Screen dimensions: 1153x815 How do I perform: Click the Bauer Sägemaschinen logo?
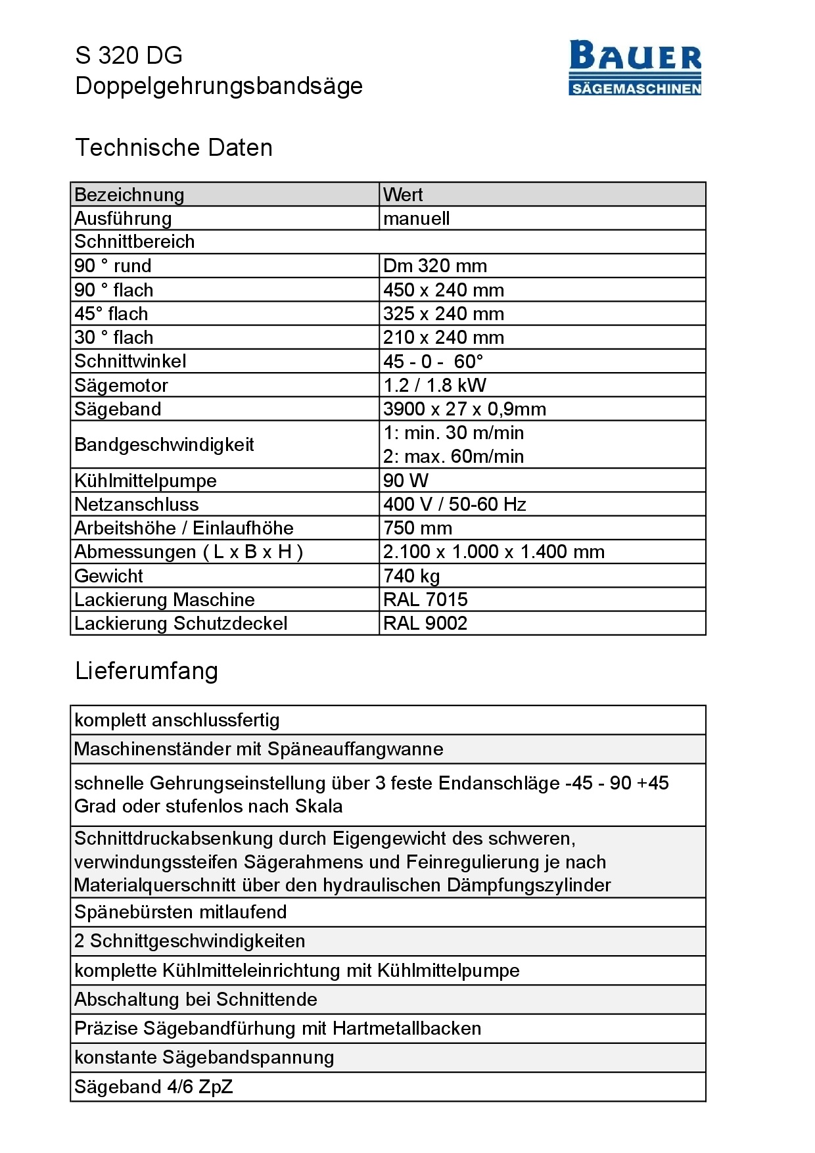coord(635,68)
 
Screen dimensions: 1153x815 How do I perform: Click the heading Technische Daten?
coord(174,147)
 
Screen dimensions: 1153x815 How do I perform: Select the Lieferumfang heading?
coord(146,671)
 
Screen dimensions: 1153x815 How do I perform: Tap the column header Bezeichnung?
coord(129,195)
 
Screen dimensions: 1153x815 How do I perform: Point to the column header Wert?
coord(403,195)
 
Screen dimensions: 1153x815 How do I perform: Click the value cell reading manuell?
coord(416,218)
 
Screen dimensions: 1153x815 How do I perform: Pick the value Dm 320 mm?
coord(434,266)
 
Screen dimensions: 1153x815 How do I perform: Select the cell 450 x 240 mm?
coord(444,290)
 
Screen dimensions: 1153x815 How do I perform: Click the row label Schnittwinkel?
coord(130,361)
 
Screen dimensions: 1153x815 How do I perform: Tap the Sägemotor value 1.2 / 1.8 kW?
coord(434,385)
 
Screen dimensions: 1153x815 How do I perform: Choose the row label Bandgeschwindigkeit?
coord(164,444)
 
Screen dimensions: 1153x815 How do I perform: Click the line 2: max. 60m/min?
coord(454,456)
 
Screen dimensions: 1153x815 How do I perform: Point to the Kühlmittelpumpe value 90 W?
coord(406,481)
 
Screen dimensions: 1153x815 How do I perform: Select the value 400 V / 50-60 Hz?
coord(454,504)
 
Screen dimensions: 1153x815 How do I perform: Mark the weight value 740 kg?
coord(411,576)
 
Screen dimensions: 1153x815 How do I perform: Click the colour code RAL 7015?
coord(425,600)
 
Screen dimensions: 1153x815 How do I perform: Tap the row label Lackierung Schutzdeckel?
coord(181,623)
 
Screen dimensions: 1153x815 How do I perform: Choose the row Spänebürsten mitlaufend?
coord(180,912)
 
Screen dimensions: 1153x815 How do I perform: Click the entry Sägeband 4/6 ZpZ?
coord(153,1087)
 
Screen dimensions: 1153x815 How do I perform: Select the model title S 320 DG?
coord(129,55)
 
